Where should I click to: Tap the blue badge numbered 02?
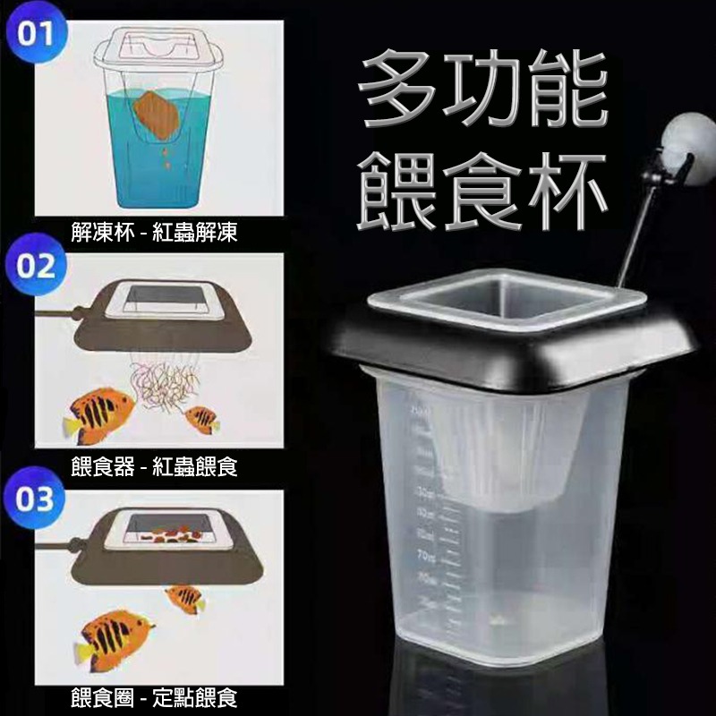(x=35, y=265)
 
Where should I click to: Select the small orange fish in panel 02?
(x=201, y=418)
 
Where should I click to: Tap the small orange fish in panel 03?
(x=186, y=598)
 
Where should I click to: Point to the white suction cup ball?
(x=687, y=143)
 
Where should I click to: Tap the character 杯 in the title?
(x=564, y=188)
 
